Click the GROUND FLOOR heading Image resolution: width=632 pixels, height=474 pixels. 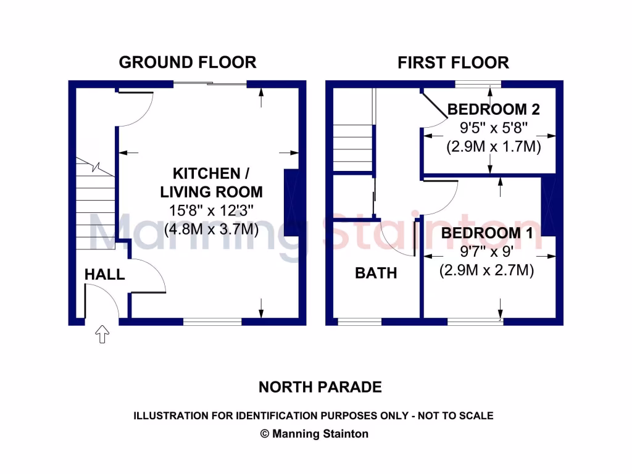(x=187, y=62)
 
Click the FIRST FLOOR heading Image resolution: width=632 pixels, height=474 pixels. (x=453, y=62)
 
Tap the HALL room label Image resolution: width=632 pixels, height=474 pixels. (x=104, y=275)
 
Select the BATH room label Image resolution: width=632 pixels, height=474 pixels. (x=375, y=273)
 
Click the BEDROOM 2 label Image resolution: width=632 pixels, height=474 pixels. (x=493, y=110)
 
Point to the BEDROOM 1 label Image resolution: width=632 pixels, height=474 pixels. (x=487, y=233)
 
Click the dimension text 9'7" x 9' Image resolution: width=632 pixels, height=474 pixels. (x=487, y=252)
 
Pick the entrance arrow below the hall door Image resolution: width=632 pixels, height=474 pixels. (x=102, y=335)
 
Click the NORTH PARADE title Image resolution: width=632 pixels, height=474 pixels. (x=320, y=387)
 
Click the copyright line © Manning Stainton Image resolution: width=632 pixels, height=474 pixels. (x=314, y=434)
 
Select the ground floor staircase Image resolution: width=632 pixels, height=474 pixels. (x=96, y=204)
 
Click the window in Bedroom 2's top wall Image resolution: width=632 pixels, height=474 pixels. (x=478, y=84)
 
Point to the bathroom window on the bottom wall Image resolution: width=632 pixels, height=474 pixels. (x=359, y=322)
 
